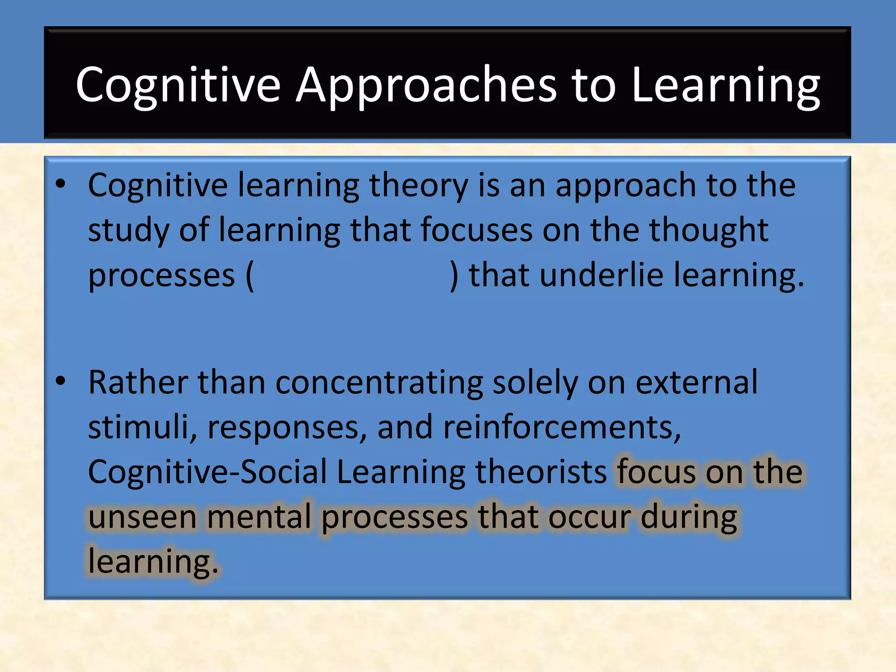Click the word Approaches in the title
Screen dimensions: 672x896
pyautogui.click(x=427, y=85)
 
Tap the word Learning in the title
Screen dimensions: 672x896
pyautogui.click(x=725, y=85)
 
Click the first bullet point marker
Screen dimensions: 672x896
pyautogui.click(x=61, y=184)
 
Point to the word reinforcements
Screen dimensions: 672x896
pyautogui.click(x=561, y=427)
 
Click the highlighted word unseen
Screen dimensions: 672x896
pyautogui.click(x=142, y=518)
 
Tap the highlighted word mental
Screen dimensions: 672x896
pyautogui.click(x=259, y=518)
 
